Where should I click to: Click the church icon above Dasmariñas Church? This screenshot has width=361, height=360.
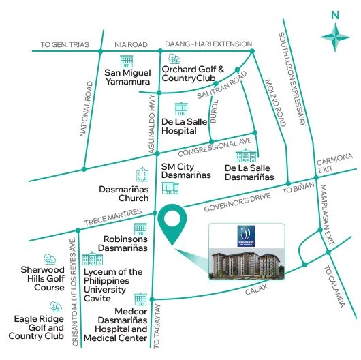[142, 174]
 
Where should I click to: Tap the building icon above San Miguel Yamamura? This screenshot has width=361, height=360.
[126, 61]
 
